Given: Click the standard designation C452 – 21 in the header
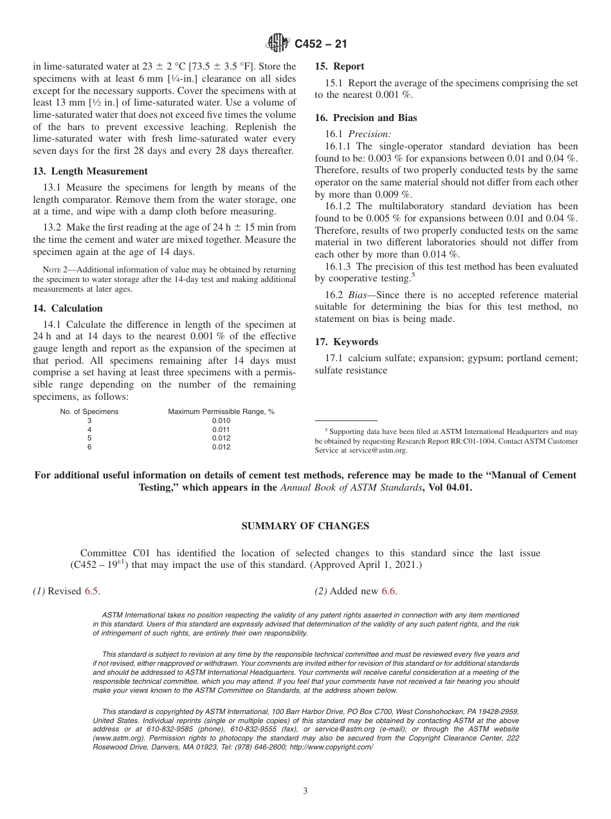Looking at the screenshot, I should click(x=321, y=44).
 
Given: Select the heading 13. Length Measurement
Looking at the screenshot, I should click(x=90, y=171).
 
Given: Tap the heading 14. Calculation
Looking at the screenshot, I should click(x=68, y=308).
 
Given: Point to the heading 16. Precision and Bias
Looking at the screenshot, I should click(x=365, y=118).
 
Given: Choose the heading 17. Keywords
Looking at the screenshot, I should click(x=346, y=342).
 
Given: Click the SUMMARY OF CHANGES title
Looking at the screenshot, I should click(x=305, y=526).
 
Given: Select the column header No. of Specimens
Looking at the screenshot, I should click(x=89, y=411).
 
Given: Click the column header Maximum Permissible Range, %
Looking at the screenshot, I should click(x=221, y=411).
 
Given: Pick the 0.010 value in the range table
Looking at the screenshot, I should click(x=221, y=420).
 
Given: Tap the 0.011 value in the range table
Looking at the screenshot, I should click(x=221, y=429).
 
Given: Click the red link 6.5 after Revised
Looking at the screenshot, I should click(x=92, y=591).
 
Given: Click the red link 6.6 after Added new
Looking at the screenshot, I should click(x=388, y=591).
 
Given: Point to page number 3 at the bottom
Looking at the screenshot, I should click(x=305, y=791).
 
